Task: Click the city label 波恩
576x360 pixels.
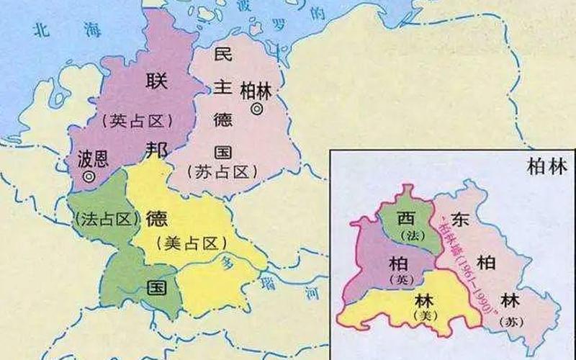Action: pos(91,158)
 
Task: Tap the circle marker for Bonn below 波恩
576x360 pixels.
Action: pos(89,176)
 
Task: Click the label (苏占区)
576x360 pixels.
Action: pos(221,171)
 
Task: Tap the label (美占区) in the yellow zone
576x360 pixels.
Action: pos(186,243)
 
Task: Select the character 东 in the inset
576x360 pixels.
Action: pos(462,220)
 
